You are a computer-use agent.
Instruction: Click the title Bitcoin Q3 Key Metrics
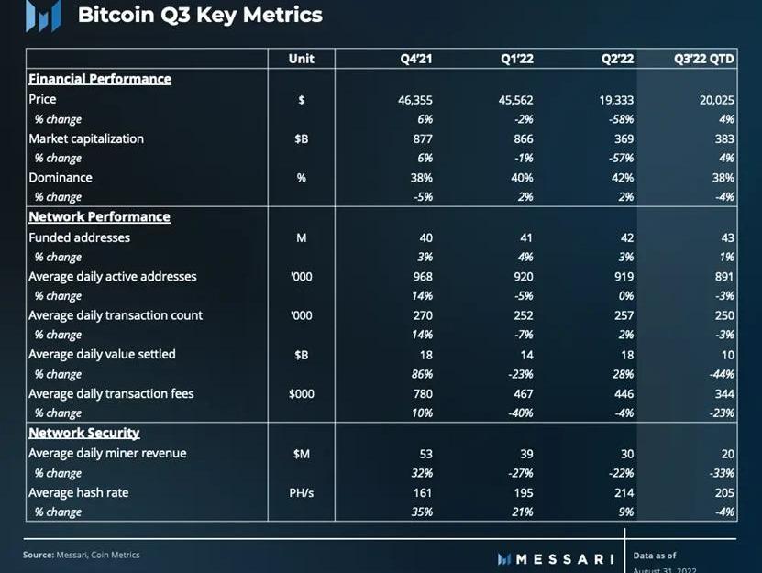tap(200, 16)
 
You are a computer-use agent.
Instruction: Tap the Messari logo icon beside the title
tap(43, 16)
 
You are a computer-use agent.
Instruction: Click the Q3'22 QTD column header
tap(703, 58)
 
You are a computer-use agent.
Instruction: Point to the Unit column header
tap(301, 58)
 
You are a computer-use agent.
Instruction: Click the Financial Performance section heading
tap(100, 79)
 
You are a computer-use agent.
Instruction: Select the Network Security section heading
tap(84, 433)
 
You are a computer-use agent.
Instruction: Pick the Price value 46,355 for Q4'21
tap(415, 100)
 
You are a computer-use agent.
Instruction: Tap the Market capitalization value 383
tap(724, 138)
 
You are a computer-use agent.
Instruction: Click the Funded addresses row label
tap(80, 237)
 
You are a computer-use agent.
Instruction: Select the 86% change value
tap(422, 374)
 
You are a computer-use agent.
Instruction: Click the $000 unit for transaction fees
tap(301, 393)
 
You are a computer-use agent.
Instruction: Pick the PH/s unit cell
tap(301, 492)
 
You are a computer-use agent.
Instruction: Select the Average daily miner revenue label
tap(107, 453)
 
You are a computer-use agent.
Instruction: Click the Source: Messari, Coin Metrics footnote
tap(82, 555)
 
